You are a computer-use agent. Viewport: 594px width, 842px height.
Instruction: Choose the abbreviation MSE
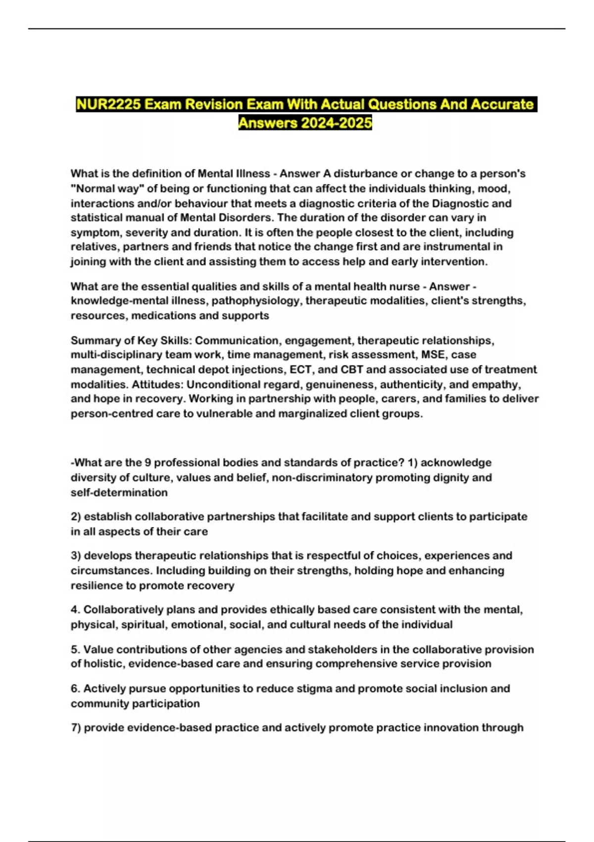(434, 355)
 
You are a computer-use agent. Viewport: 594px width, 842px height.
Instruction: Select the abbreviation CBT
(352, 369)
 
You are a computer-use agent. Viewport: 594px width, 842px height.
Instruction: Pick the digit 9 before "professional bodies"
(148, 463)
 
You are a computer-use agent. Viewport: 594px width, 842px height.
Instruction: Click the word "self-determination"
(119, 492)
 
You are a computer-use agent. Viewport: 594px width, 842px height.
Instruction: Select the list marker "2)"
(76, 517)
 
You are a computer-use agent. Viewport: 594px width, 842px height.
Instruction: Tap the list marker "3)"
(76, 556)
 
